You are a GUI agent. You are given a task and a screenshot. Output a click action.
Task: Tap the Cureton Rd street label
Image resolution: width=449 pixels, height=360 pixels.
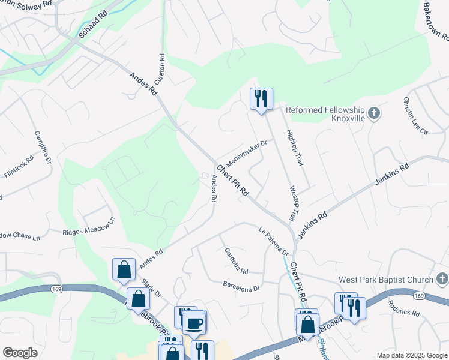[160, 69]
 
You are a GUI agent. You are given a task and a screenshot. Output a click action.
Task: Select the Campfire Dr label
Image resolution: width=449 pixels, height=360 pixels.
[43, 148]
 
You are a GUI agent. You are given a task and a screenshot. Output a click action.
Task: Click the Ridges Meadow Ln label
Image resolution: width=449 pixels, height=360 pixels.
[88, 227]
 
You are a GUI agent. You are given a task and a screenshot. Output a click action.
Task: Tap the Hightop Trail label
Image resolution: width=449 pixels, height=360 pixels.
[295, 147]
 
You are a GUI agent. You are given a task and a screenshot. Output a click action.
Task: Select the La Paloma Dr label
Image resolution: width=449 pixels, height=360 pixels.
[274, 238]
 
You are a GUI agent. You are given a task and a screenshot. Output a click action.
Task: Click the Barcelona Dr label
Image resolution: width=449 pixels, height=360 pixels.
[241, 285]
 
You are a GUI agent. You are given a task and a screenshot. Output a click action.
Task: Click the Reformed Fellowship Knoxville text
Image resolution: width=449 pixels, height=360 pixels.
[325, 114]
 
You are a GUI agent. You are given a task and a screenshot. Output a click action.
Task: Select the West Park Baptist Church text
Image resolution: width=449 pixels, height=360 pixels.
[385, 280]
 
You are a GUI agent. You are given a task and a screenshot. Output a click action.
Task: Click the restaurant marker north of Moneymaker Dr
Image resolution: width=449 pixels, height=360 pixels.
[261, 98]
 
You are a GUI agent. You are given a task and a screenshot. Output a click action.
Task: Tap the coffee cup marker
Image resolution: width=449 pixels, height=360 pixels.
[194, 323]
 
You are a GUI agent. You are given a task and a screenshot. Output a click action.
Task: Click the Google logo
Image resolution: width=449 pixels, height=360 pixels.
[20, 353]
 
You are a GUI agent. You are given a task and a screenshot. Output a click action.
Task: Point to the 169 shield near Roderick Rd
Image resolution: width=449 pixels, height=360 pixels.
[420, 296]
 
